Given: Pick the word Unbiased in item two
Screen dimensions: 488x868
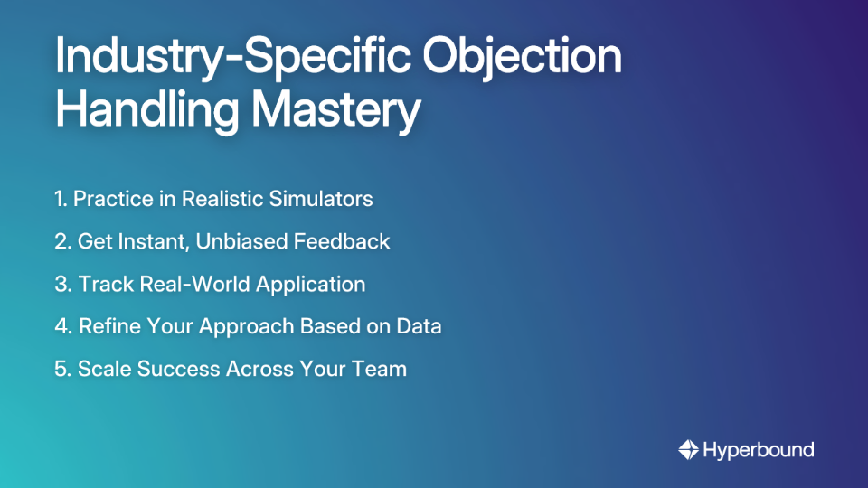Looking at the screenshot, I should coord(251,241).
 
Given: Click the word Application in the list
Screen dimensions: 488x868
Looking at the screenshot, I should coord(311,284).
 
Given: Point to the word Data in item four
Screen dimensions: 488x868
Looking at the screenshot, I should coord(420,326).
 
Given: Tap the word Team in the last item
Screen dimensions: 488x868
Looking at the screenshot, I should coord(382,369).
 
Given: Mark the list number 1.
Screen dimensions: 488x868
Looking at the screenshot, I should coord(60,199).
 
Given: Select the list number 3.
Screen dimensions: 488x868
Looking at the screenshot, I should coord(61,284).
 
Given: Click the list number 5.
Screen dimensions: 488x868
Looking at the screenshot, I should coord(61,369).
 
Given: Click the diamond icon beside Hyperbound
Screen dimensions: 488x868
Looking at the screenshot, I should coord(689,449).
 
